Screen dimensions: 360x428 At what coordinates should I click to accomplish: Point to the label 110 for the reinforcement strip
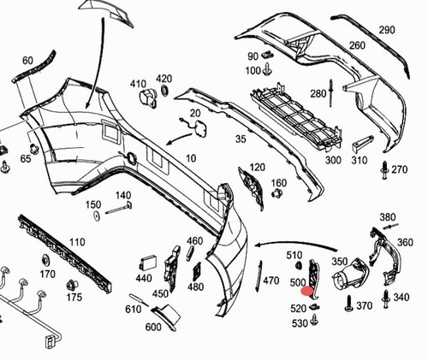pyautogui.click(x=78, y=242)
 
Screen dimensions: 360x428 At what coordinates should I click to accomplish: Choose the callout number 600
pyautogui.click(x=153, y=326)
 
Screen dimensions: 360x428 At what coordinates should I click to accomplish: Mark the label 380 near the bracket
pyautogui.click(x=388, y=216)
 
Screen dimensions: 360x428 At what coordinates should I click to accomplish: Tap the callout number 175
pyautogui.click(x=74, y=297)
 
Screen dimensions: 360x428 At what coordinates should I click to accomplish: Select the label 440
pyautogui.click(x=143, y=278)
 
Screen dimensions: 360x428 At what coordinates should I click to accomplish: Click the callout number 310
pyautogui.click(x=359, y=160)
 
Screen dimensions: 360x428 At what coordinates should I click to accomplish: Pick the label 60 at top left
pyautogui.click(x=27, y=60)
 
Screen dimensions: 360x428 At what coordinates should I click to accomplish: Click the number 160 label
pyautogui.click(x=279, y=183)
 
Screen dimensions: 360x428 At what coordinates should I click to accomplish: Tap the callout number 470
pyautogui.click(x=271, y=280)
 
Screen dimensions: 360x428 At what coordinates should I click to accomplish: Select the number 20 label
pyautogui.click(x=195, y=113)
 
